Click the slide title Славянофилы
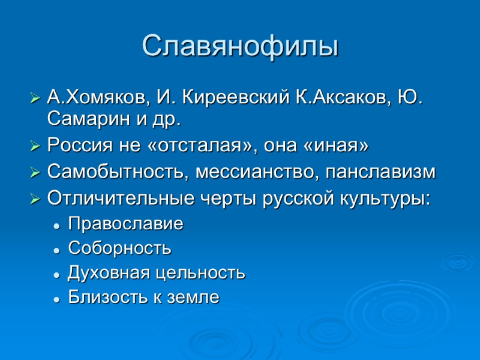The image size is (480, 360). tap(240, 46)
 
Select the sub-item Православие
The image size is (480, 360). tap(125, 224)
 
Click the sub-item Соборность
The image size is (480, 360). tap(119, 248)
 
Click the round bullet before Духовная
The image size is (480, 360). tap(56, 274)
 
